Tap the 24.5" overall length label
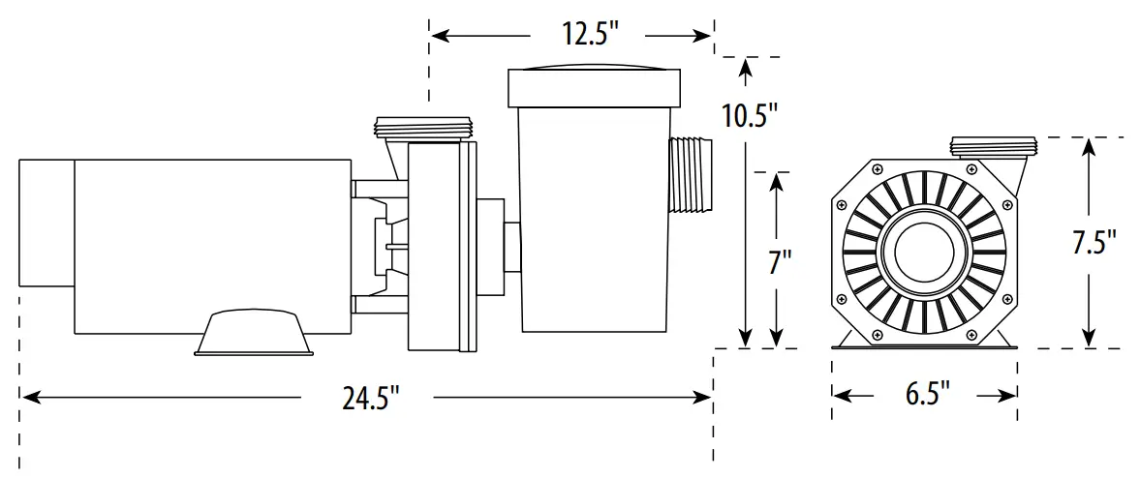click(370, 398)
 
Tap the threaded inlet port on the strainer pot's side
click(691, 175)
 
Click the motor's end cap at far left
click(46, 224)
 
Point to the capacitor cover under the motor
click(253, 332)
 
